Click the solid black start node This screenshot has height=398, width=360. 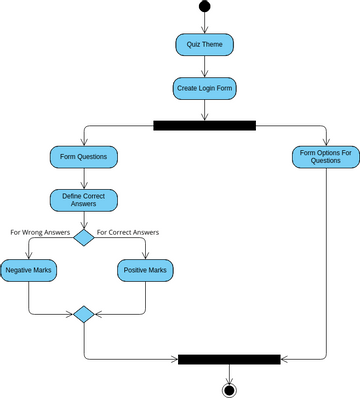pyautogui.click(x=204, y=7)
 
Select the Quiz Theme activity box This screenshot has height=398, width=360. pyautogui.click(x=204, y=45)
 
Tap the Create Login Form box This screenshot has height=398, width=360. pyautogui.click(x=204, y=88)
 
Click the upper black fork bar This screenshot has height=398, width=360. pyautogui.click(x=204, y=125)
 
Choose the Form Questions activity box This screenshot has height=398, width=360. pyautogui.click(x=84, y=157)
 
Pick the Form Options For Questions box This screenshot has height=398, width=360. pyautogui.click(x=326, y=157)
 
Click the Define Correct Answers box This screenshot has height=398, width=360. pyautogui.click(x=84, y=200)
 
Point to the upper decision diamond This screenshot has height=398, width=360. pyautogui.click(x=84, y=237)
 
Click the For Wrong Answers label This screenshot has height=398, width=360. pyautogui.click(x=40, y=232)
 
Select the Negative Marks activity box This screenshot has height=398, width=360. pyautogui.click(x=29, y=271)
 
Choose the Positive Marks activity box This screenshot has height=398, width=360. pyautogui.click(x=146, y=271)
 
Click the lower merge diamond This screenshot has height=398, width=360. pyautogui.click(x=84, y=314)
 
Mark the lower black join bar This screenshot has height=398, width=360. pyautogui.click(x=229, y=358)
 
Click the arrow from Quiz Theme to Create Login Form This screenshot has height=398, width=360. pyautogui.click(x=204, y=66)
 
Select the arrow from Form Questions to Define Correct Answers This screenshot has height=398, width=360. pyautogui.click(x=84, y=178)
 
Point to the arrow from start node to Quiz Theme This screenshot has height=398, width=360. pyautogui.click(x=204, y=23)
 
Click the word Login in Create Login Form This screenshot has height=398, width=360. pyautogui.click(x=208, y=88)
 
